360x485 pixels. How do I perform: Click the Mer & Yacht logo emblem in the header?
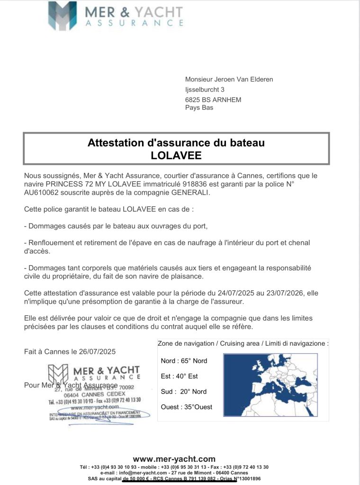pos(62,16)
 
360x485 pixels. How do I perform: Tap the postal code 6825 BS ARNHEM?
pos(213,99)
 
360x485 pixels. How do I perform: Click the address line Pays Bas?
pos(199,108)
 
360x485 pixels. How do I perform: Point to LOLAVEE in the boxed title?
pos(176,155)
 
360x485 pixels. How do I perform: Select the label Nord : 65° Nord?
pos(184,361)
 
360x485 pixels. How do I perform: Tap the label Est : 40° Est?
pos(179,376)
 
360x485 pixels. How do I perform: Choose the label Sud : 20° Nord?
pos(184,392)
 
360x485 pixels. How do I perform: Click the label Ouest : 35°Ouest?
pos(187,407)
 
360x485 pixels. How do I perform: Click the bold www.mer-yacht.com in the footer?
pos(174,459)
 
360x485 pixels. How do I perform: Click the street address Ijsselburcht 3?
pos(205,90)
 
